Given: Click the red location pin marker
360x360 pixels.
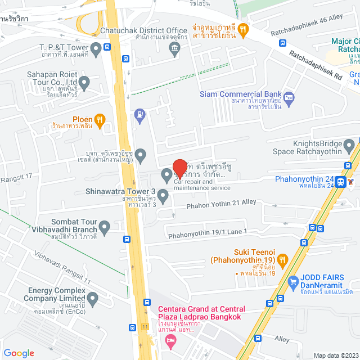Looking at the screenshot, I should (180, 168).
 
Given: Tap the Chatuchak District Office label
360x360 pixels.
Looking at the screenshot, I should (143, 30).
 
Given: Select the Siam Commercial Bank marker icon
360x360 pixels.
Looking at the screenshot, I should (289, 97).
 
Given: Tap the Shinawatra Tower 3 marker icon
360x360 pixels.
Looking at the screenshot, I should (163, 196).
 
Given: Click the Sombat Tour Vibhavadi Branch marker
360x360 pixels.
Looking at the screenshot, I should (104, 227).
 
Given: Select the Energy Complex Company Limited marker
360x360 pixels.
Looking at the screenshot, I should (93, 297).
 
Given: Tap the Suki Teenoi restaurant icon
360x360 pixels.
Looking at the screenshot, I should (282, 260).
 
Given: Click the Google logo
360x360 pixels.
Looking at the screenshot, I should (19, 353).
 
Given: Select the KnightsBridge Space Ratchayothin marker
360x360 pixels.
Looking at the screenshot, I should (349, 147).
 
